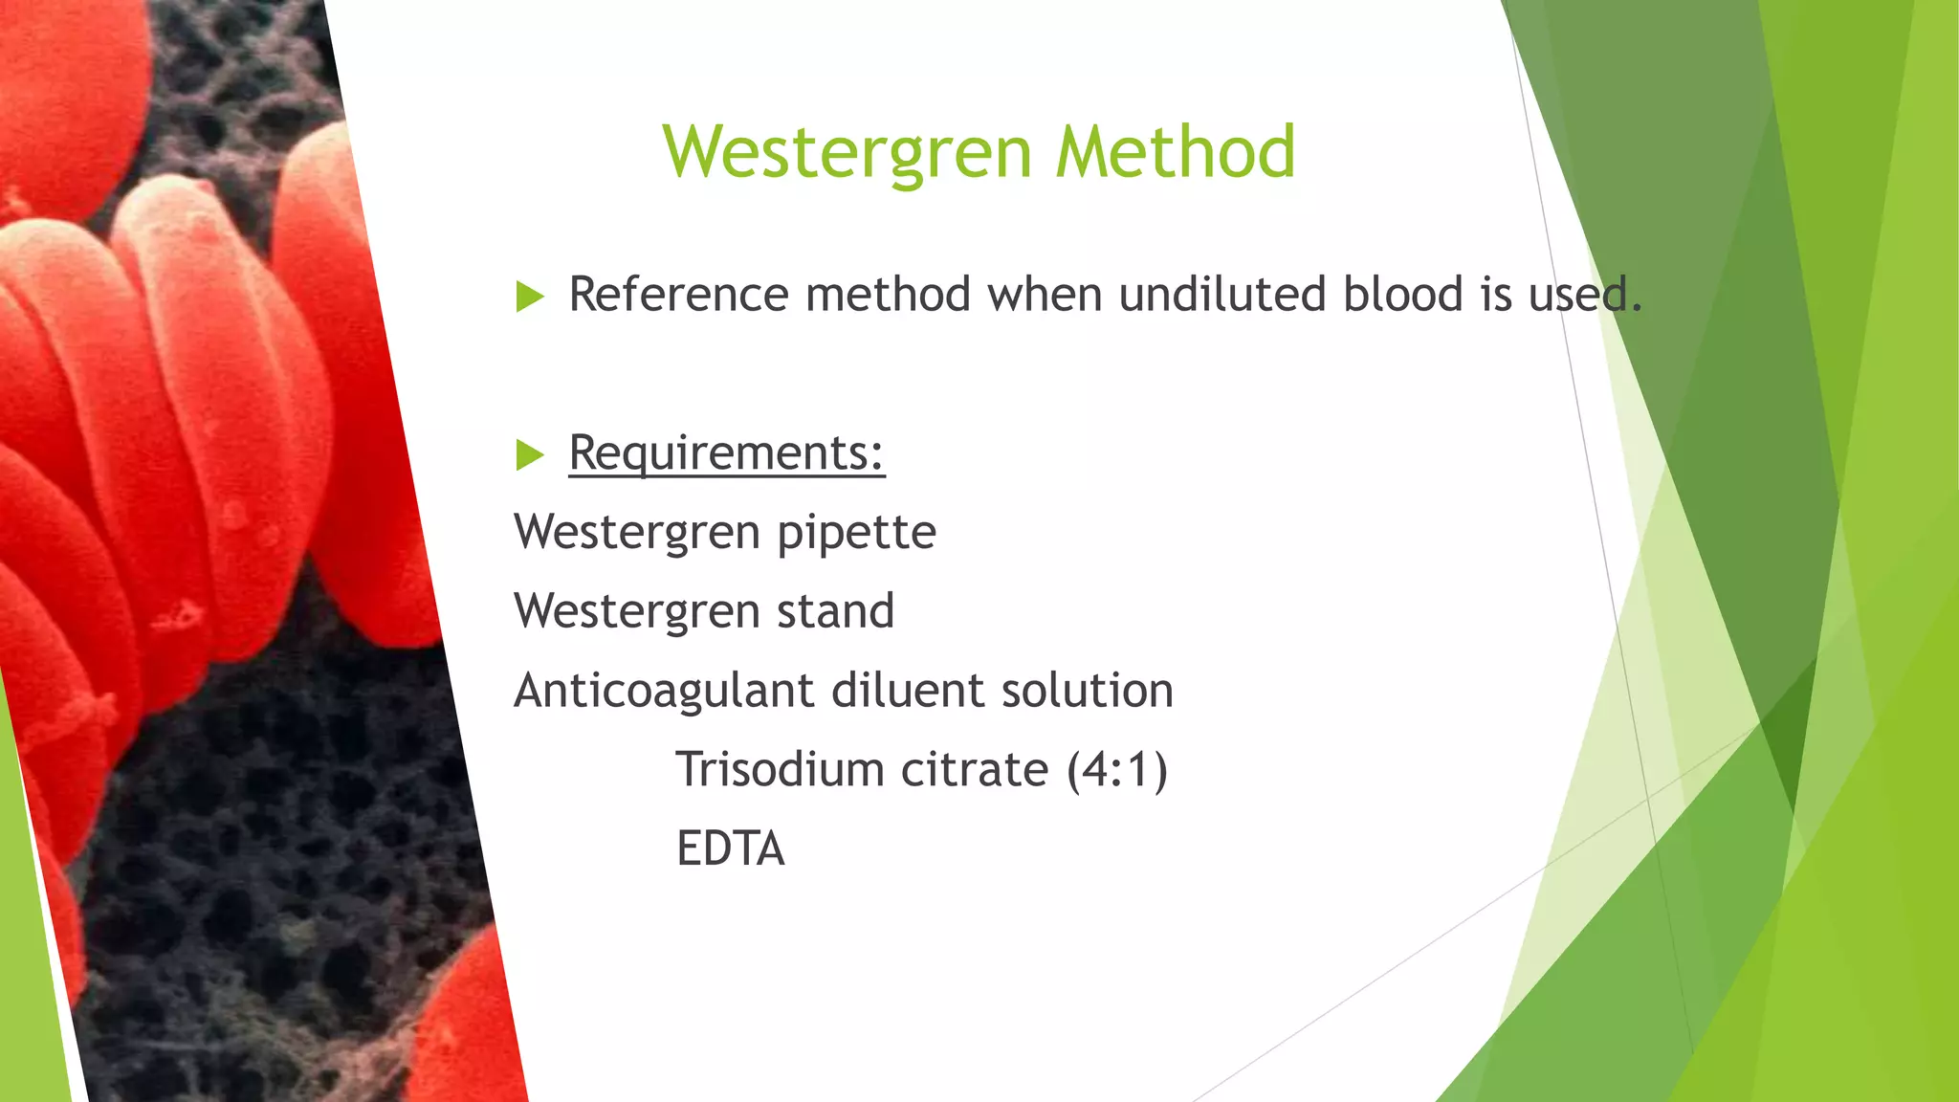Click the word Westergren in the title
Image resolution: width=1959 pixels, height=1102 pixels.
tap(847, 153)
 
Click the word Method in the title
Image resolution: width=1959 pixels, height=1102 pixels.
tap(1176, 153)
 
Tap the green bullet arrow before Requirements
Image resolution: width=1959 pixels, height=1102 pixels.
tap(529, 454)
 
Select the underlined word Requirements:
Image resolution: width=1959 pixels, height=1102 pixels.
tap(726, 452)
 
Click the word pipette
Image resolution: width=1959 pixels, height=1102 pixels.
tap(856, 533)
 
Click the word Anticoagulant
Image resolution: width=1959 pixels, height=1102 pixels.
tap(664, 691)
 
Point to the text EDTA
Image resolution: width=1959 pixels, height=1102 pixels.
tap(730, 849)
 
